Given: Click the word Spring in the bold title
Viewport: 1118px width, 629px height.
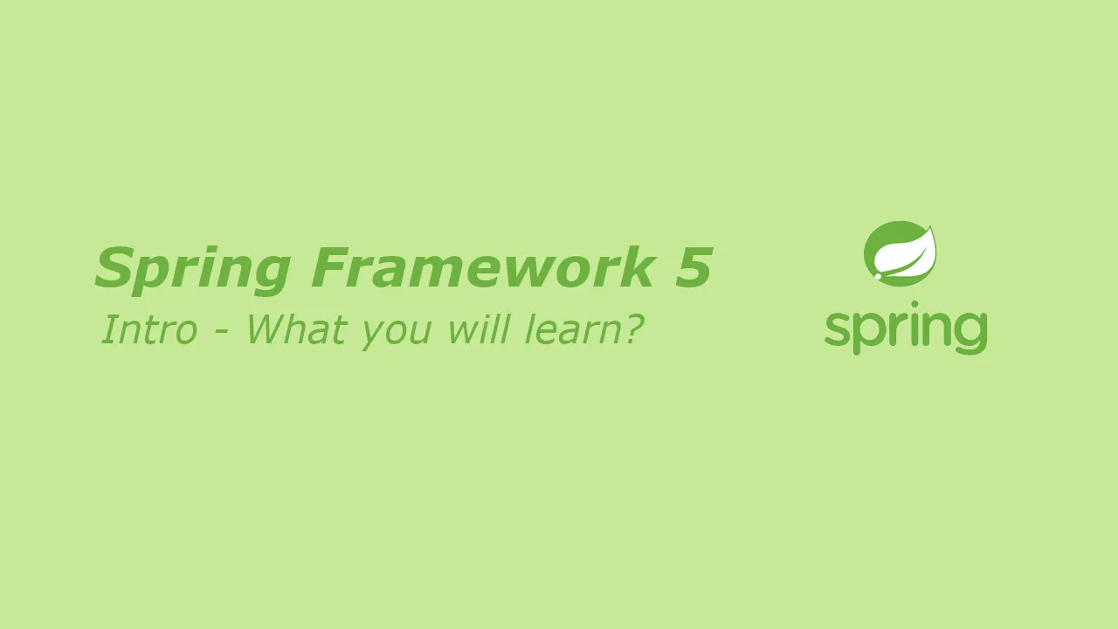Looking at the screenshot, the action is pyautogui.click(x=193, y=270).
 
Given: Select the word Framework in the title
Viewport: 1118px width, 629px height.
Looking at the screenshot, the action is pyautogui.click(x=482, y=267).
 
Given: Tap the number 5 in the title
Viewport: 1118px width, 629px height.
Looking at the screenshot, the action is pyautogui.click(x=694, y=267).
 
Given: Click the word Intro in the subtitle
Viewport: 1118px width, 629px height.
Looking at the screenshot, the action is pyautogui.click(x=149, y=329).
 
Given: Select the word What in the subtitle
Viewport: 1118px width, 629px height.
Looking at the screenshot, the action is pyautogui.click(x=296, y=329).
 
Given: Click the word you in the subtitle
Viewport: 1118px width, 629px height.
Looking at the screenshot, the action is pyautogui.click(x=397, y=334).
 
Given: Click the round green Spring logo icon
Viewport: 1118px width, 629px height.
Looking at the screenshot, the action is pyautogui.click(x=900, y=253).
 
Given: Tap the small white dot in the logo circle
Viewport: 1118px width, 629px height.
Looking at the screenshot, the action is pyautogui.click(x=878, y=275).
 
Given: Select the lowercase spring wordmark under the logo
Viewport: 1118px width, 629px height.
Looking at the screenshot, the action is pyautogui.click(x=906, y=328).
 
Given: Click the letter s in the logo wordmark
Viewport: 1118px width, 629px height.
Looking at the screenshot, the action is pyautogui.click(x=838, y=330).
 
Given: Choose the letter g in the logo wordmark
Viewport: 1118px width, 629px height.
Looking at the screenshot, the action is pyautogui.click(x=970, y=334).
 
